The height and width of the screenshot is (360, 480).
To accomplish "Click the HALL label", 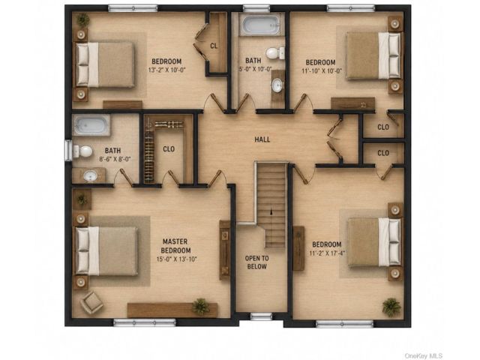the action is coord(262,139).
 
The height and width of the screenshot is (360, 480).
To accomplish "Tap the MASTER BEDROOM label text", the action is coord(175,246).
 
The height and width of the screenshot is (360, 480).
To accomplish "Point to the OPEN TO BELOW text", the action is coord(256,262).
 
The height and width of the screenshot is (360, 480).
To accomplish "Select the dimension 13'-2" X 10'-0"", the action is coord(166,70).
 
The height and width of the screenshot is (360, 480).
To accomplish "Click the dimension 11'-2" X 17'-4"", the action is coord(328,253).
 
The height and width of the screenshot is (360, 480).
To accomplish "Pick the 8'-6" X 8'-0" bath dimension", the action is coord(115,159).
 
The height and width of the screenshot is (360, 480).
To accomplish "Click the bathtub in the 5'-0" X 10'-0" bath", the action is coord(259,25).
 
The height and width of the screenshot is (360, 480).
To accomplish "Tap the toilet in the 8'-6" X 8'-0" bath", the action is coord(82,151).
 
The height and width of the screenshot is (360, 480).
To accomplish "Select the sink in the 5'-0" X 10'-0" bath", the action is coord(277,85).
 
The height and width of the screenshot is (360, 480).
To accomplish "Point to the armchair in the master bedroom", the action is coord(91,302).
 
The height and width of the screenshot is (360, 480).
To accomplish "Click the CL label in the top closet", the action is coord(214,46).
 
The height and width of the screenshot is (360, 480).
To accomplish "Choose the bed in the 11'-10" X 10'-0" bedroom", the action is coord(373,55).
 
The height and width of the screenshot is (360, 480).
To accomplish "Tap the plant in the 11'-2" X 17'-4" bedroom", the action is coord(391,307).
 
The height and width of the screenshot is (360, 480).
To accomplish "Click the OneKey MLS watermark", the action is coord(423,355).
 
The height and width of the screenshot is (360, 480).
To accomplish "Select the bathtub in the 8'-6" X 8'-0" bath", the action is coord(91,125).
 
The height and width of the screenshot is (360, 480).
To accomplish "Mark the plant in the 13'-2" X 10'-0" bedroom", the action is coord(83,20).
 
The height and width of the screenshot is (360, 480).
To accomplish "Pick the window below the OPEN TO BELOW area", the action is coord(261,316).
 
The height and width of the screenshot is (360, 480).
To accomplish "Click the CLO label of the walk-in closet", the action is coord(169,149).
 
